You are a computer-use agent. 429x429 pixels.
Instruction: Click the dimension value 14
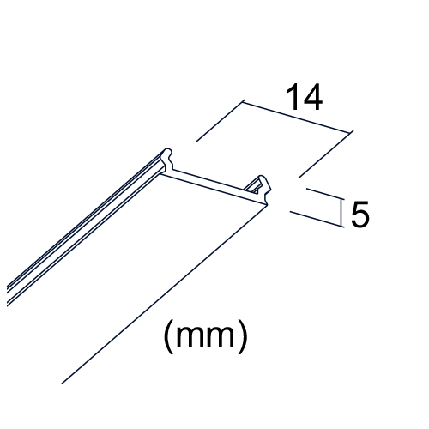[305, 97]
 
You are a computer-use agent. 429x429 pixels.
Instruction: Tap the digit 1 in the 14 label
[293, 97]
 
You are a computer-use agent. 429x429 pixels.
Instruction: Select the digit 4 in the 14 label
[312, 97]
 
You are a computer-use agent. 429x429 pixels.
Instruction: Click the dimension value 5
[360, 214]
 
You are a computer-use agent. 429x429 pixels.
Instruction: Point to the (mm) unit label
[206, 336]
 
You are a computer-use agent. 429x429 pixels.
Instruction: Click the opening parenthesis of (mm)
[168, 336]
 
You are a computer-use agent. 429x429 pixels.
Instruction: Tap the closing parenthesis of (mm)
[243, 336]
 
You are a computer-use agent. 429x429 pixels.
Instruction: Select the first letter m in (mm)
[190, 336]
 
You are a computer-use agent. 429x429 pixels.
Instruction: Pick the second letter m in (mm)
[221, 336]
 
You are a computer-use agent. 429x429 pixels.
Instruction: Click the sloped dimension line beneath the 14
[297, 117]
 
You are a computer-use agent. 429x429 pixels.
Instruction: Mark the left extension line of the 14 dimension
[221, 121]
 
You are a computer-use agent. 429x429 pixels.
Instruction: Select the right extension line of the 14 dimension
[325, 155]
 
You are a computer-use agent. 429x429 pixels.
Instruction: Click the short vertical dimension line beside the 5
[341, 213]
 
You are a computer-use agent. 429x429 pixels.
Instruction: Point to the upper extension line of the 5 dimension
[325, 194]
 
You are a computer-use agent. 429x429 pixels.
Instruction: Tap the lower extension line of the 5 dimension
[317, 219]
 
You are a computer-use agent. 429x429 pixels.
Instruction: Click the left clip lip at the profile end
[168, 160]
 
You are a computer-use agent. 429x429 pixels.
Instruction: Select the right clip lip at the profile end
[263, 189]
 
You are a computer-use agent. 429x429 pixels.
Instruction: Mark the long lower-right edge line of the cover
[165, 294]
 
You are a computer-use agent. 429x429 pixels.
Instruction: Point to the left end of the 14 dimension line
[244, 102]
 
